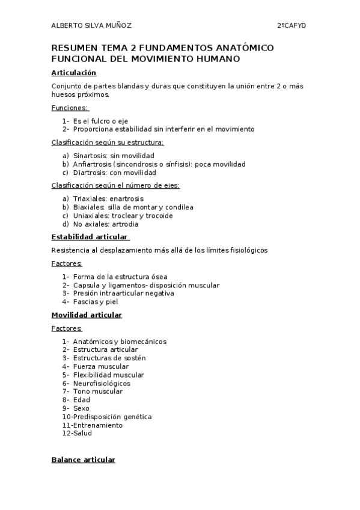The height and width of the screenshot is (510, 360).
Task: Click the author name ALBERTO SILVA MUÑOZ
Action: (x=91, y=25)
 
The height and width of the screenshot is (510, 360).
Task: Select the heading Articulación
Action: (x=74, y=73)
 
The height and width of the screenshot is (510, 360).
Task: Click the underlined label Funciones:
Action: (x=70, y=108)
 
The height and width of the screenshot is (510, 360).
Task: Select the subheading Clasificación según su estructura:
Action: (x=108, y=143)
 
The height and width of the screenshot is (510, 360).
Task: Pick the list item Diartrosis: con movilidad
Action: (x=114, y=173)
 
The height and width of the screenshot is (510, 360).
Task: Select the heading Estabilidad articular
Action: (x=90, y=236)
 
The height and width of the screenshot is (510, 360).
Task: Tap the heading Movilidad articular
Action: (x=87, y=315)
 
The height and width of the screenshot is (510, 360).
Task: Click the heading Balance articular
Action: (x=83, y=459)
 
